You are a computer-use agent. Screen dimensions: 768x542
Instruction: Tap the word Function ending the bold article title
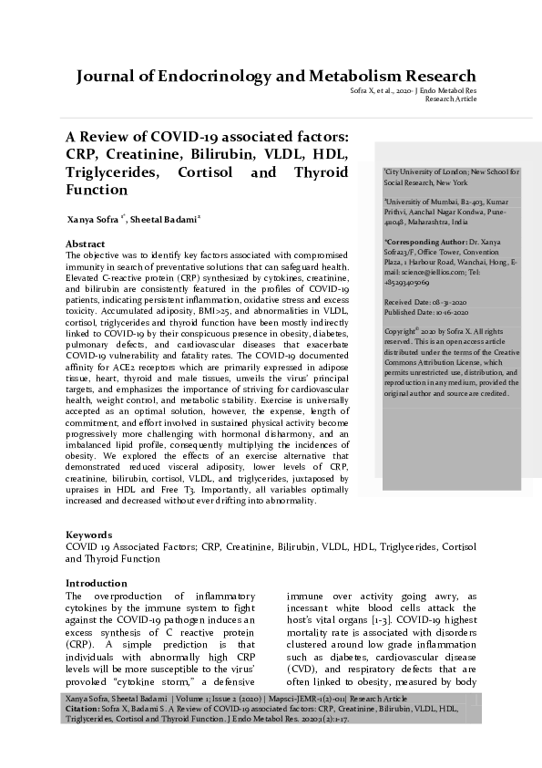[97, 190]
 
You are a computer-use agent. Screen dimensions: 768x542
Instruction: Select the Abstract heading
[86, 244]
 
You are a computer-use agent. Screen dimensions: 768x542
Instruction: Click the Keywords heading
[89, 534]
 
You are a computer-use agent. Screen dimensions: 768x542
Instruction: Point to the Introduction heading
[97, 583]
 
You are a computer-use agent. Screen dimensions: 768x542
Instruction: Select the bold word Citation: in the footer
[87, 708]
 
